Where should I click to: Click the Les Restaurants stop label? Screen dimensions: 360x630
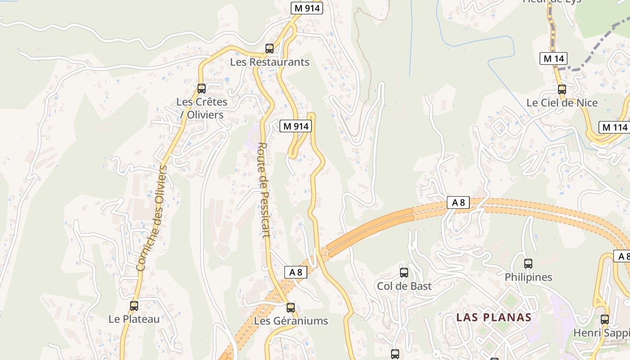pyautogui.click(x=270, y=62)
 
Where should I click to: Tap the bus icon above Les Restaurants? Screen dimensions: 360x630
pyautogui.click(x=270, y=48)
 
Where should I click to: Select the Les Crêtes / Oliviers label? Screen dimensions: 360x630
pyautogui.click(x=202, y=108)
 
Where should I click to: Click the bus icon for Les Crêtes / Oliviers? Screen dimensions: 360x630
pyautogui.click(x=202, y=89)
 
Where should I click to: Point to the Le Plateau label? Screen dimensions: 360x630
pyautogui.click(x=134, y=319)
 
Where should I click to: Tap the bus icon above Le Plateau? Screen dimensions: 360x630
pyautogui.click(x=134, y=306)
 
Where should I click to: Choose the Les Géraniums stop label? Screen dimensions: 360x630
pyautogui.click(x=291, y=321)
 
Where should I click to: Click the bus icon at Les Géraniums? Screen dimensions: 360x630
pyautogui.click(x=291, y=308)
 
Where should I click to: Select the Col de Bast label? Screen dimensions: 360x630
pyautogui.click(x=404, y=286)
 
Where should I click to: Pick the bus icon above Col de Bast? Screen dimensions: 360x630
pyautogui.click(x=404, y=272)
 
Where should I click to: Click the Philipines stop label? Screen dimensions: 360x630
pyautogui.click(x=528, y=277)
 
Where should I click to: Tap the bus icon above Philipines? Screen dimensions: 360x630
pyautogui.click(x=528, y=264)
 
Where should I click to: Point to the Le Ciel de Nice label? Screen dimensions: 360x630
pyautogui.click(x=562, y=103)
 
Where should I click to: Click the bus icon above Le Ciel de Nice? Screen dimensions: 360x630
pyautogui.click(x=562, y=89)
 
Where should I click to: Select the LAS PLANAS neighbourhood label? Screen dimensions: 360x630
pyautogui.click(x=494, y=317)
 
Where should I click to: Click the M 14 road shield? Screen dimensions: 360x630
pyautogui.click(x=553, y=58)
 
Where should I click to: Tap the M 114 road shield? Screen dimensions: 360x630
pyautogui.click(x=614, y=127)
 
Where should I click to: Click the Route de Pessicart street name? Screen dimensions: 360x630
pyautogui.click(x=264, y=189)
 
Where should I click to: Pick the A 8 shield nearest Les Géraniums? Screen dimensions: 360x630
pyautogui.click(x=296, y=272)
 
